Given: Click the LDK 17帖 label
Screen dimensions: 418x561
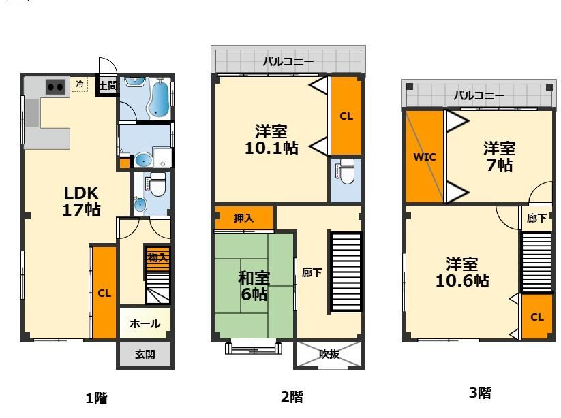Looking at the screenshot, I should click(x=82, y=201).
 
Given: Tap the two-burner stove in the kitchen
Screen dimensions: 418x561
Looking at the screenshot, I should click(x=55, y=86).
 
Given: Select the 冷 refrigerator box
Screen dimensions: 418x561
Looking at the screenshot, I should click(x=80, y=84).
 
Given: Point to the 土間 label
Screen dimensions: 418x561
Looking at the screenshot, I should click(x=107, y=86).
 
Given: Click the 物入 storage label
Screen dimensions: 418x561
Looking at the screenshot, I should click(x=157, y=257).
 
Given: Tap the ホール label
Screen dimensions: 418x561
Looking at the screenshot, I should click(x=145, y=323).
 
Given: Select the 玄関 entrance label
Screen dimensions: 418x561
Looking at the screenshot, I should click(x=145, y=354).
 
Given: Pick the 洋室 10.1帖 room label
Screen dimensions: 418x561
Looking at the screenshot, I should click(x=271, y=139).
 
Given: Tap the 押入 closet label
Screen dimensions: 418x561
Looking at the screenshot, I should click(x=243, y=219).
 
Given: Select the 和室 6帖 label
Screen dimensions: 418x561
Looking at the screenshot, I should click(x=254, y=285).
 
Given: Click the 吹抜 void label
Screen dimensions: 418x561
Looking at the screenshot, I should click(x=329, y=354).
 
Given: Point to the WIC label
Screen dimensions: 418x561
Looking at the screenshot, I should click(x=424, y=157).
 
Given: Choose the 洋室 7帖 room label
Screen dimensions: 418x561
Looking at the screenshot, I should click(x=499, y=156).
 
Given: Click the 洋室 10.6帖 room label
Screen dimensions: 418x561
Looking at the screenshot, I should click(x=461, y=272).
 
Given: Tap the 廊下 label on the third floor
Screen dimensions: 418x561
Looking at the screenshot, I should click(x=537, y=219).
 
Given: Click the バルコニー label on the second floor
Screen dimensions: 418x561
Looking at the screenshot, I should click(x=288, y=62).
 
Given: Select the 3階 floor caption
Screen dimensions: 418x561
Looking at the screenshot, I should click(x=480, y=392).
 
